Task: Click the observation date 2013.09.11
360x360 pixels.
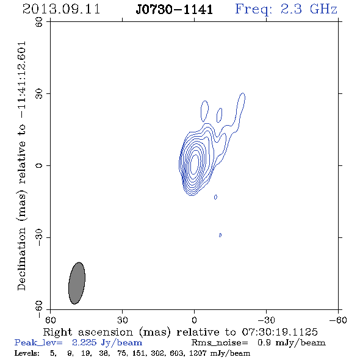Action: click(x=61, y=9)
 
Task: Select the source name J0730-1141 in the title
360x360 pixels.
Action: click(x=174, y=10)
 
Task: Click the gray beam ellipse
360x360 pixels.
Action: click(x=77, y=283)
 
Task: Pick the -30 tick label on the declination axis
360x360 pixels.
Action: click(x=39, y=237)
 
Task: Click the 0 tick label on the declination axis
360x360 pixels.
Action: click(x=39, y=165)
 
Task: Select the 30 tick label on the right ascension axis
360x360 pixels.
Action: click(x=122, y=320)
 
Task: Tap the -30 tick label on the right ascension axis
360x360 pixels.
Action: click(x=266, y=320)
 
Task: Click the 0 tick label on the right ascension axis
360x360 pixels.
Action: click(x=194, y=320)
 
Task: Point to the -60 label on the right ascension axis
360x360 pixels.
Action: click(x=338, y=320)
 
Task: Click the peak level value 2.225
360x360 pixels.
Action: click(x=84, y=342)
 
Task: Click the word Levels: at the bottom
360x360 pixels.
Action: click(x=27, y=353)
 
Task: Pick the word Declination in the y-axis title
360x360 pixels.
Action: click(x=21, y=259)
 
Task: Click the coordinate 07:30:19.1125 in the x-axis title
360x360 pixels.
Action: click(x=279, y=332)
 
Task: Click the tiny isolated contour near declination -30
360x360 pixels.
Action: click(x=220, y=235)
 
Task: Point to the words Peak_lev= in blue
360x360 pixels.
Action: click(x=38, y=343)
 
